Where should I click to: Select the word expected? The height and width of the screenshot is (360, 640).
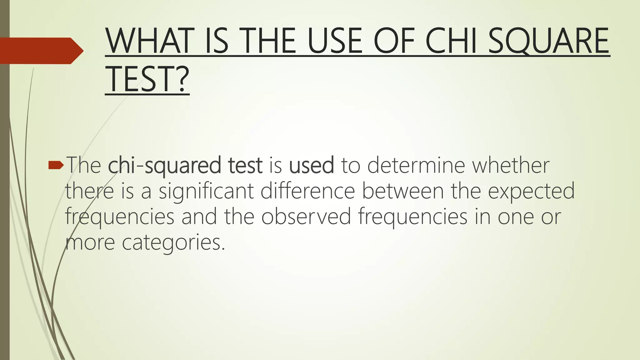click(531, 191)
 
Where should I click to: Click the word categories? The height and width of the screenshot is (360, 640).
click(173, 242)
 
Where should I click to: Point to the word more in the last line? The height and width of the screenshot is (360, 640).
click(90, 242)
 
